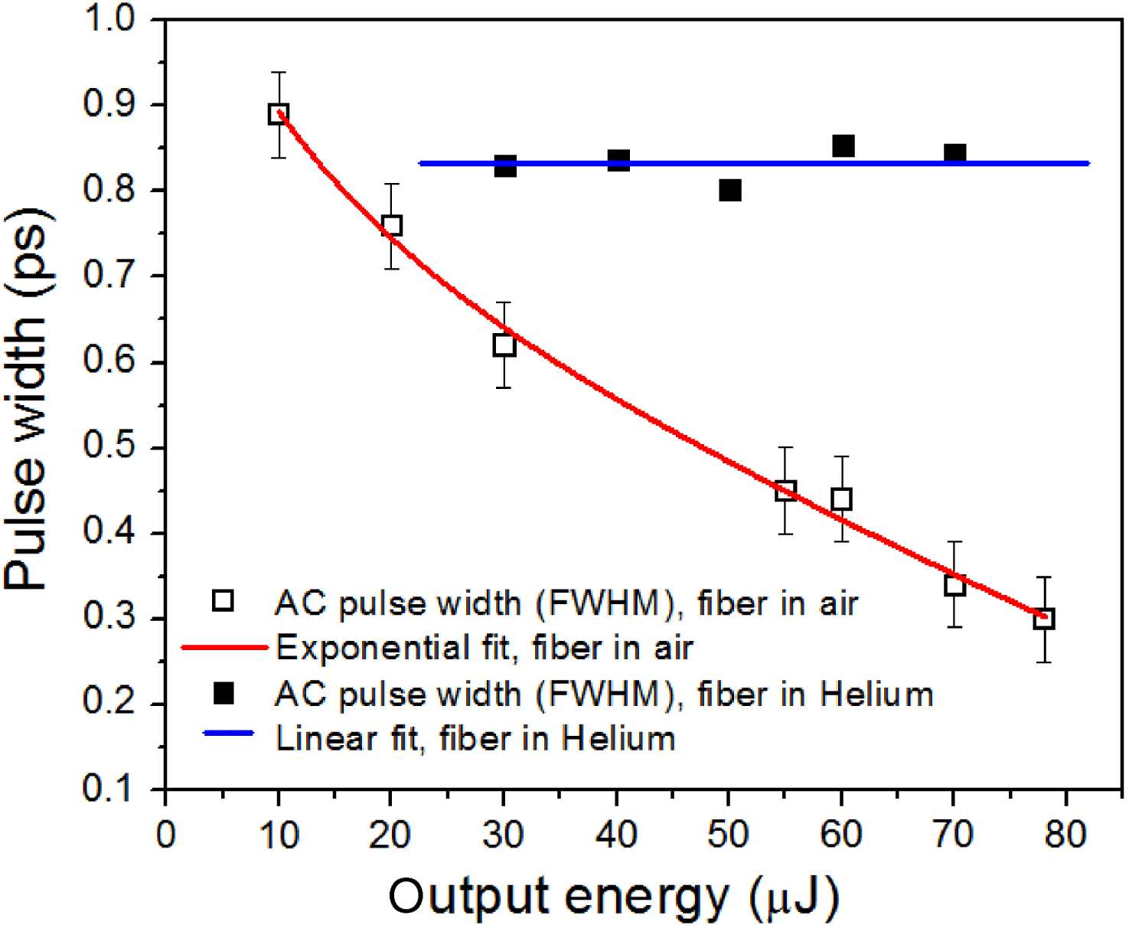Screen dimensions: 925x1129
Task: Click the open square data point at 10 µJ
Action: (x=279, y=115)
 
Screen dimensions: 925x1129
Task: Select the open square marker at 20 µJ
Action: (x=392, y=226)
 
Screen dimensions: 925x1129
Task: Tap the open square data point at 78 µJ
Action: (x=1044, y=619)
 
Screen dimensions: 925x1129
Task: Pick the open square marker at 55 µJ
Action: (x=785, y=491)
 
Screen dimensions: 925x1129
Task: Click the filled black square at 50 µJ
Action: (x=730, y=191)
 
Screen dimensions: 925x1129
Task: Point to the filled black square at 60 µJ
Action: (x=843, y=145)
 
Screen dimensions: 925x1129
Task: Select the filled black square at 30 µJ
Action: (x=504, y=166)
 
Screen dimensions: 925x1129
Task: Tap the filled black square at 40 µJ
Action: (x=618, y=161)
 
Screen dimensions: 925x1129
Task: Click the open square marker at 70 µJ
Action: (x=954, y=586)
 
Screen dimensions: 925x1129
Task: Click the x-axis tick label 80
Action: (x=1065, y=835)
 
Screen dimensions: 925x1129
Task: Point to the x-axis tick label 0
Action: (x=165, y=835)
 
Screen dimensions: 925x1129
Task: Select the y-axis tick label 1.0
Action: (x=109, y=18)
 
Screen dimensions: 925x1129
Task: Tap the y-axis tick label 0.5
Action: (x=109, y=447)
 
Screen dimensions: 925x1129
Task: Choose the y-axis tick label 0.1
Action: (x=109, y=789)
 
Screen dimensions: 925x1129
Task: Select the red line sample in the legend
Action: (x=224, y=648)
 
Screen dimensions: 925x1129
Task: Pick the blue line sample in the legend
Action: (x=228, y=734)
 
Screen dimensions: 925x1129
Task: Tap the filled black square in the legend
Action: (x=224, y=693)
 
